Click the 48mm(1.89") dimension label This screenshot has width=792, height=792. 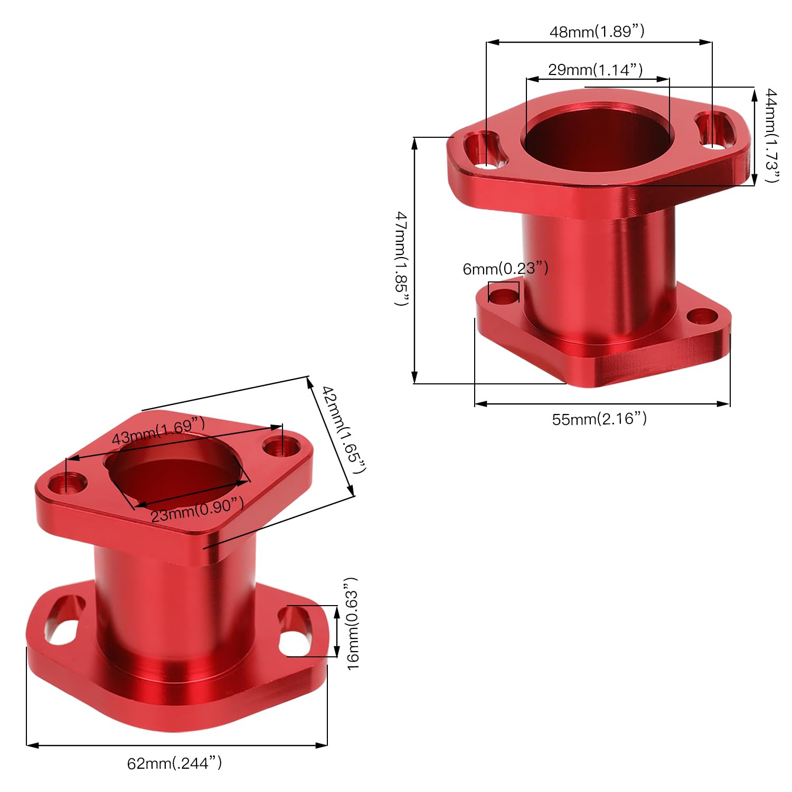[x=597, y=32]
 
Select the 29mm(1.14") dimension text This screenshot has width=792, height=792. [x=595, y=70]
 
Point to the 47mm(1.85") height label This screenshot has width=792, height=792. [x=402, y=259]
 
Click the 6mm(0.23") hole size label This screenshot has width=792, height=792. [x=505, y=269]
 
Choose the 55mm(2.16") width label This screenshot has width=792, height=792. [x=599, y=419]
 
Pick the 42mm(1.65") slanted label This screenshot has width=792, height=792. [x=344, y=430]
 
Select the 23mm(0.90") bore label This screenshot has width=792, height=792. [x=197, y=509]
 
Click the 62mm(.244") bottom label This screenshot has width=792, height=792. [x=174, y=763]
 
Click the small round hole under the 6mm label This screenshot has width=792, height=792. [x=503, y=295]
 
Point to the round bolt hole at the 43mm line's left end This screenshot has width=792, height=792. [x=68, y=482]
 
